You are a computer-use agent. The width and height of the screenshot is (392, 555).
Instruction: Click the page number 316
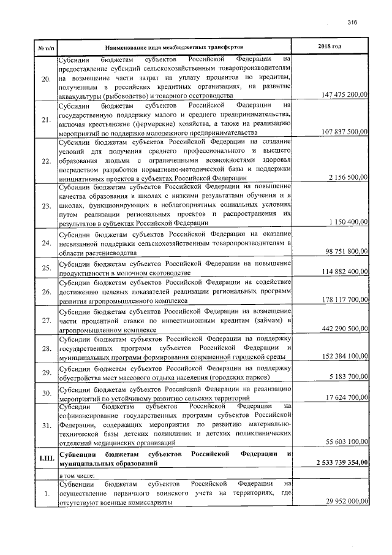click(x=352, y=21)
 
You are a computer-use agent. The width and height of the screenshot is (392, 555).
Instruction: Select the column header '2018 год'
click(x=330, y=47)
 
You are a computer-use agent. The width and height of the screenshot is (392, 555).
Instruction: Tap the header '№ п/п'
click(x=46, y=47)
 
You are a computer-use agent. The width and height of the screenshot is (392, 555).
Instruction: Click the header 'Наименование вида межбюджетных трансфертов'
click(x=174, y=47)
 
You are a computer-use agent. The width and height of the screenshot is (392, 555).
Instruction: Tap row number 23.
click(x=46, y=206)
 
